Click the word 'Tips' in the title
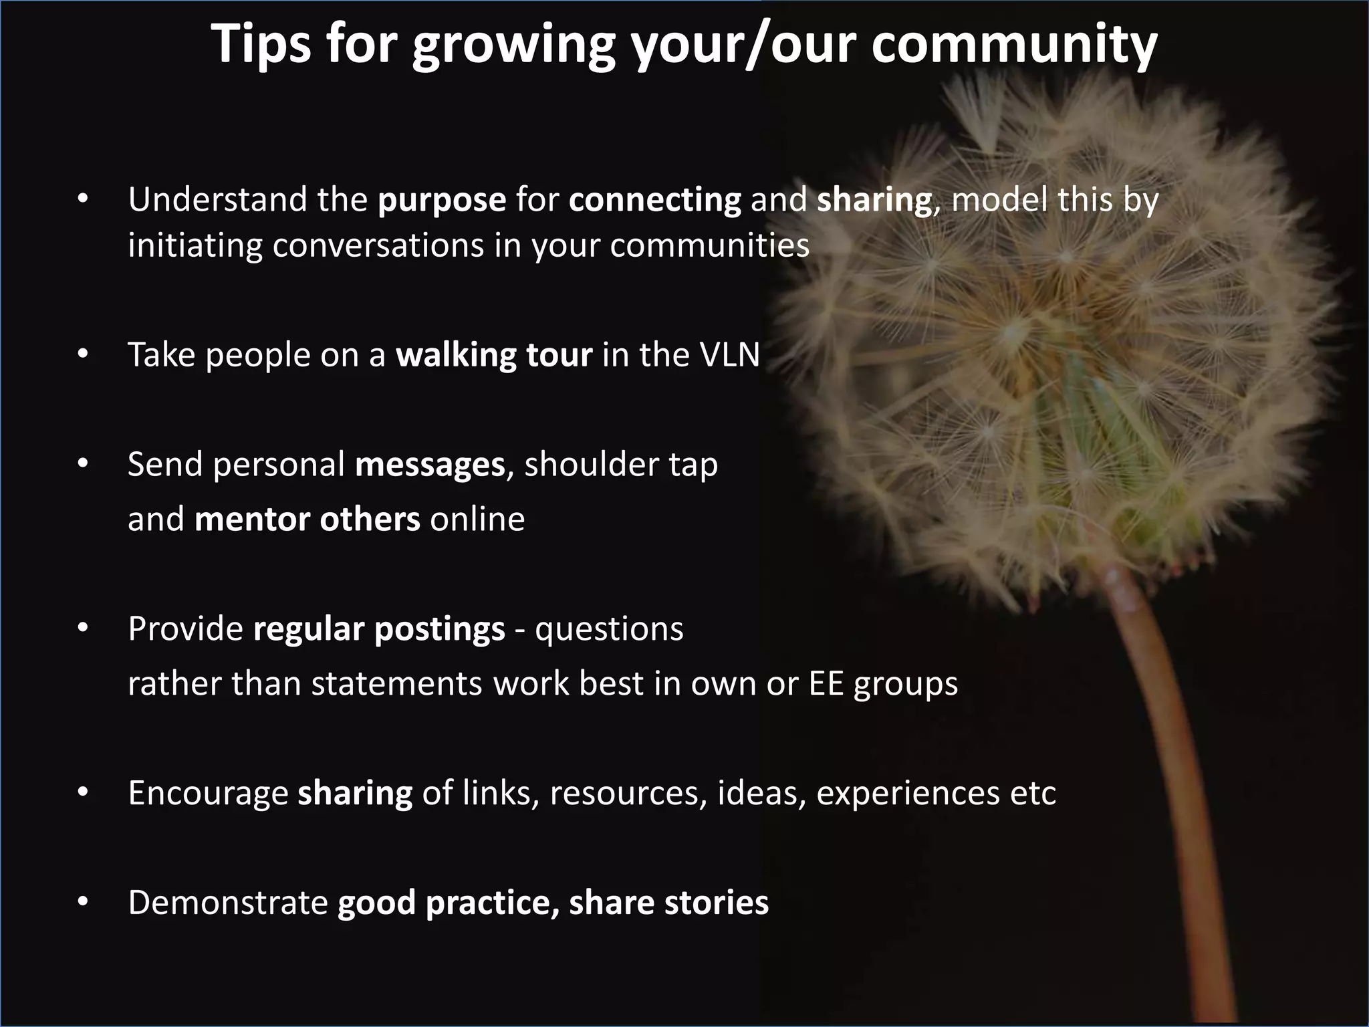(x=261, y=44)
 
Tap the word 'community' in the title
(x=1013, y=44)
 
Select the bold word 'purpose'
(x=442, y=200)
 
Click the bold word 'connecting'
(x=655, y=200)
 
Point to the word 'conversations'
(x=378, y=245)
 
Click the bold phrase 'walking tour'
(x=494, y=354)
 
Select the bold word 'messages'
(x=430, y=465)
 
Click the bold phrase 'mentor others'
(x=307, y=520)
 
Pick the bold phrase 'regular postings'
(x=379, y=629)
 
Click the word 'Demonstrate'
(x=228, y=903)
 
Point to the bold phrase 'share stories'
(x=668, y=903)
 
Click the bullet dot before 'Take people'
(x=82, y=355)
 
